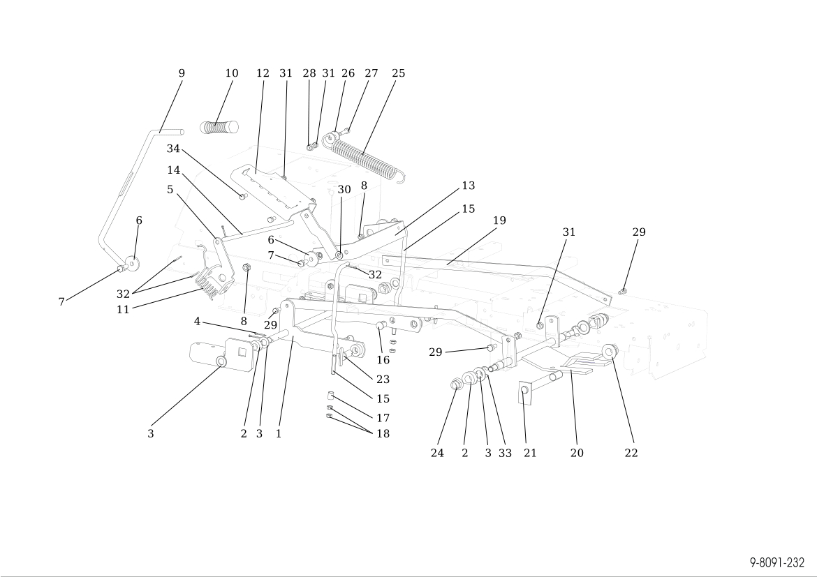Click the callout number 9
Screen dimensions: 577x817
tap(182, 73)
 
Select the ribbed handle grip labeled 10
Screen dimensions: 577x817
tap(219, 127)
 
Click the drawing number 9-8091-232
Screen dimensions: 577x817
tap(777, 562)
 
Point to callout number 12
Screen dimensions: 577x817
tap(263, 73)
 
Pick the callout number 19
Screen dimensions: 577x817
tap(499, 220)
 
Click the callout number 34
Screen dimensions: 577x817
tap(173, 149)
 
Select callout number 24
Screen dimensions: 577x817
tap(437, 453)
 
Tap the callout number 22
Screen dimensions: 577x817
tap(631, 453)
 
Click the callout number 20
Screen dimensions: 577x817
tap(577, 453)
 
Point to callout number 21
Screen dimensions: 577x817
tap(531, 453)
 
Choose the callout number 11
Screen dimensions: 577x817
tap(123, 310)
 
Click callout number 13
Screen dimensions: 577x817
tap(468, 186)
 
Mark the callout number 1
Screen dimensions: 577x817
tap(279, 433)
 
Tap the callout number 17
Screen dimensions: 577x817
tap(383, 418)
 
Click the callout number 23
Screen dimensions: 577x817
tap(383, 380)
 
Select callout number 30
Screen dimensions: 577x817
tap(344, 190)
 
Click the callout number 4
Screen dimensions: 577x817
tap(198, 321)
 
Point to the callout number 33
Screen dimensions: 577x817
tap(505, 453)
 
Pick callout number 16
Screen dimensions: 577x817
tap(383, 360)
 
